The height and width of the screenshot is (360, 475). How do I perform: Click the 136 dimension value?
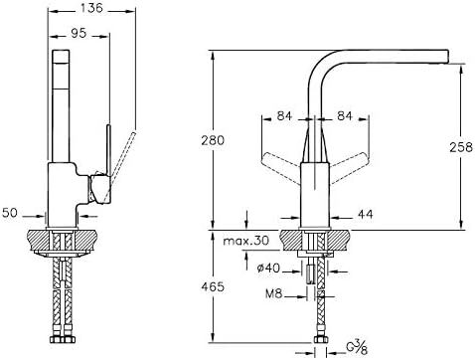91,8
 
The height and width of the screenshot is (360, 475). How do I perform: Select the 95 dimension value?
79,33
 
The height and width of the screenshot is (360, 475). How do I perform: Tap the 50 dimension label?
10,213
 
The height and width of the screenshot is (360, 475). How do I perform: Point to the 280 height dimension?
213,140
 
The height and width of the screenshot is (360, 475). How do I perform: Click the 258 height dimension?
461,147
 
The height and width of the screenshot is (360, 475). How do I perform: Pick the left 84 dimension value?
284,116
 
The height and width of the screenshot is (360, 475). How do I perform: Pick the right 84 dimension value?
345,116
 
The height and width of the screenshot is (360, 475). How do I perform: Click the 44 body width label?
366,214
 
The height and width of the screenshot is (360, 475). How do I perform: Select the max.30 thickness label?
246,241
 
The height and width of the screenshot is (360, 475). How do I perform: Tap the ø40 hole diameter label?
268,268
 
